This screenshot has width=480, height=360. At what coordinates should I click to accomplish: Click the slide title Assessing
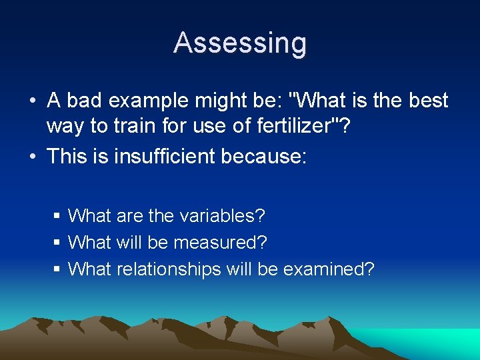(240, 43)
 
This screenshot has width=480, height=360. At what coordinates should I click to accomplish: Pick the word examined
(328, 269)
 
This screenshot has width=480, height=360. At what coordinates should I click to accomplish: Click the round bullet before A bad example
(32, 102)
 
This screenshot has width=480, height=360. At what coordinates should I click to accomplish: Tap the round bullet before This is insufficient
(32, 157)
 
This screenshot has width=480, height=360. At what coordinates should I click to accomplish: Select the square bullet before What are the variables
(57, 217)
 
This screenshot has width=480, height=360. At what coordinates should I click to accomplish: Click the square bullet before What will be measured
(57, 243)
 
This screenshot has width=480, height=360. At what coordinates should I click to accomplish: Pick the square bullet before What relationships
(57, 270)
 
